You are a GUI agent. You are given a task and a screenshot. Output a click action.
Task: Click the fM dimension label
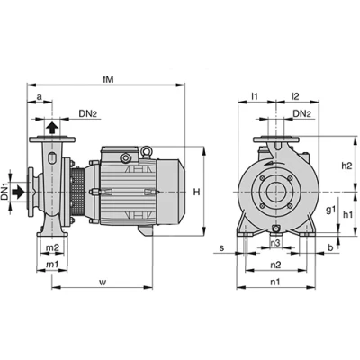click(x=108, y=79)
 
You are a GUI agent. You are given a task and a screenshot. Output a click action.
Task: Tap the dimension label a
click(x=40, y=97)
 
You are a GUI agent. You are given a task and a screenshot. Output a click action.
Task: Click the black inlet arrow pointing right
click(x=19, y=192)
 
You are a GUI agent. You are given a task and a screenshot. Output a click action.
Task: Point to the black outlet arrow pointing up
click(x=52, y=128)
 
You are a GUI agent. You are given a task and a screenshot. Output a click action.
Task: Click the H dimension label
click(x=196, y=192)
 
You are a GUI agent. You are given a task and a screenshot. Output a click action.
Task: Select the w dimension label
click(x=103, y=283)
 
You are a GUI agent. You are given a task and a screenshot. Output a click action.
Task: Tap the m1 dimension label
click(x=52, y=265)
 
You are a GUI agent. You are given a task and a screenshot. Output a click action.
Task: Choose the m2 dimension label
click(x=52, y=247)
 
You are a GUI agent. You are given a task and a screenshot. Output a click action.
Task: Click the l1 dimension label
click(x=255, y=96)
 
